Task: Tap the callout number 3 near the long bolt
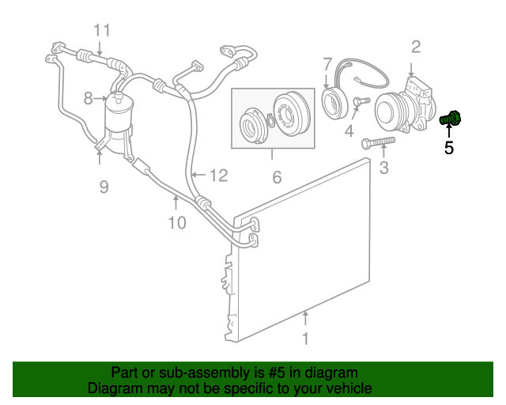[384, 167]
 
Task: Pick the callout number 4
[349, 131]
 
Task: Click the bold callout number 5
[449, 147]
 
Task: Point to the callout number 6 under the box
[277, 178]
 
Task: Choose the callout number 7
[327, 63]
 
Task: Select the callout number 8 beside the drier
[89, 99]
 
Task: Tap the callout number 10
[177, 222]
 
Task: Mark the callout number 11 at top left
[102, 31]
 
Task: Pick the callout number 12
[218, 176]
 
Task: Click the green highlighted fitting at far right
[451, 119]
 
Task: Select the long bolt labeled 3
[378, 143]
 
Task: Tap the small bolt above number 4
[361, 101]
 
